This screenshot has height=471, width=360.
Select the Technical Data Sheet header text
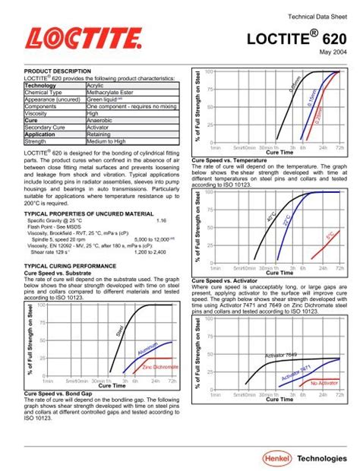[x=314, y=17]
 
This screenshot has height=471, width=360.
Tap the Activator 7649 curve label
[x=283, y=333]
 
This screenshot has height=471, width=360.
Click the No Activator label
[x=324, y=362]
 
